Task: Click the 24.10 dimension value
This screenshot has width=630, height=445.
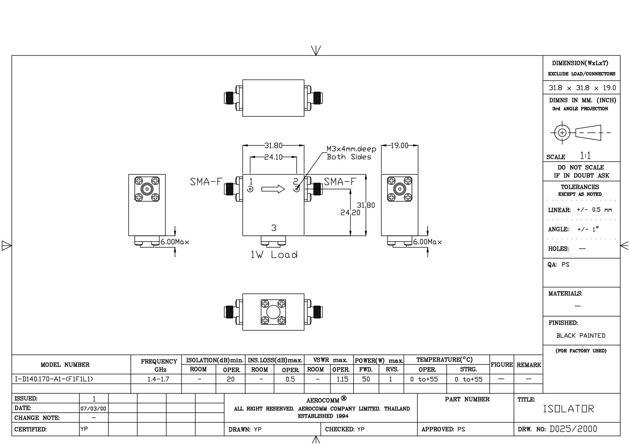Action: click(273, 157)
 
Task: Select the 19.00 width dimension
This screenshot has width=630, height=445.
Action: click(399, 145)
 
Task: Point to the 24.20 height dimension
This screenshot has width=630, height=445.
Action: click(350, 212)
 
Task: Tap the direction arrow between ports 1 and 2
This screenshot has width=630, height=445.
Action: click(273, 189)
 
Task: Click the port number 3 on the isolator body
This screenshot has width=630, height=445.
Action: click(274, 228)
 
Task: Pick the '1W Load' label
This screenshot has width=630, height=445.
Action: click(274, 255)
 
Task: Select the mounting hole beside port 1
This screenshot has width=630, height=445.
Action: click(250, 189)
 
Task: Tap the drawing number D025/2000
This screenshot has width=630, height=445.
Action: click(573, 429)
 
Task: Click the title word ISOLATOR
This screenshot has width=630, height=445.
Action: click(569, 409)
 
